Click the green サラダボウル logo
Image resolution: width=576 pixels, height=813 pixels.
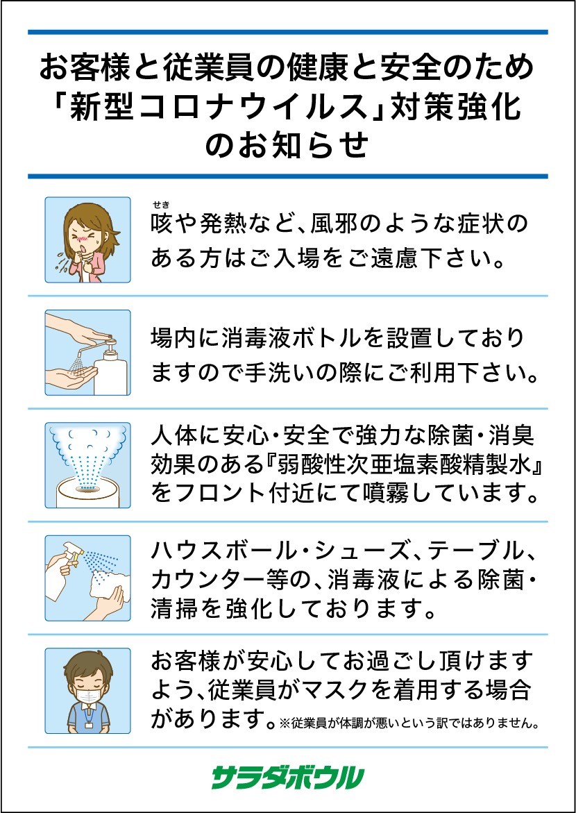point(288,778)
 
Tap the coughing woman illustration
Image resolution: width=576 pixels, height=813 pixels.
point(87,240)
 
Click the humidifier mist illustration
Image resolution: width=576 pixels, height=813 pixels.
point(87,465)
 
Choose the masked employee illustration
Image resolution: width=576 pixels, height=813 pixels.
point(87,691)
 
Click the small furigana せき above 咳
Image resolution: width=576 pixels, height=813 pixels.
point(161,203)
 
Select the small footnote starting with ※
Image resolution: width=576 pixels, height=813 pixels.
point(407,722)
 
